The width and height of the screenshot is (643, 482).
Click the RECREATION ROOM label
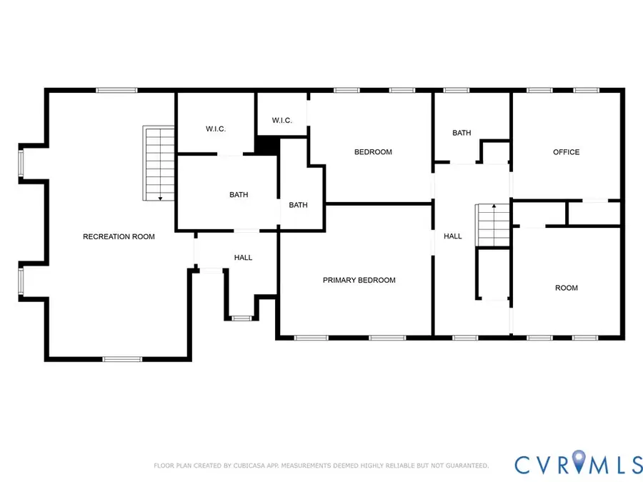pyautogui.click(x=119, y=236)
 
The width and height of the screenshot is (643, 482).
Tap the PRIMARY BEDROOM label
pyautogui.click(x=359, y=280)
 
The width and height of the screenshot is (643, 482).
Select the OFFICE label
pyautogui.click(x=566, y=152)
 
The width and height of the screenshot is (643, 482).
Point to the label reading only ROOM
pyautogui.click(x=566, y=288)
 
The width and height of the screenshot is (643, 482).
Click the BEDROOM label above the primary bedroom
pyautogui.click(x=373, y=152)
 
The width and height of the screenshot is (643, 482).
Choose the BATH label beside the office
pyautogui.click(x=462, y=133)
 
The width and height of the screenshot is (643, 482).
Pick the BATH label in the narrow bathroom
pyautogui.click(x=298, y=205)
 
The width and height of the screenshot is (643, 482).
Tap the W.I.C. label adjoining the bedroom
pyautogui.click(x=281, y=120)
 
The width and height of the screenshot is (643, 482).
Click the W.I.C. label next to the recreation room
pyautogui.click(x=216, y=129)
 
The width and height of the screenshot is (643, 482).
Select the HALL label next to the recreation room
pyautogui.click(x=243, y=257)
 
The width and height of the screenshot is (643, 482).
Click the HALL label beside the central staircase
pyautogui.click(x=452, y=236)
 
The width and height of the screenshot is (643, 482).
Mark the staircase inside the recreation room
pyautogui.click(x=159, y=164)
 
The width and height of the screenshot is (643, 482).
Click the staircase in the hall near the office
pyautogui.click(x=493, y=225)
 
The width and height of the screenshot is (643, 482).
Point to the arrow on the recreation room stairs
pyautogui.click(x=160, y=196)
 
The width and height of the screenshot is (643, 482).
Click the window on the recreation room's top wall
pyautogui.click(x=116, y=90)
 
